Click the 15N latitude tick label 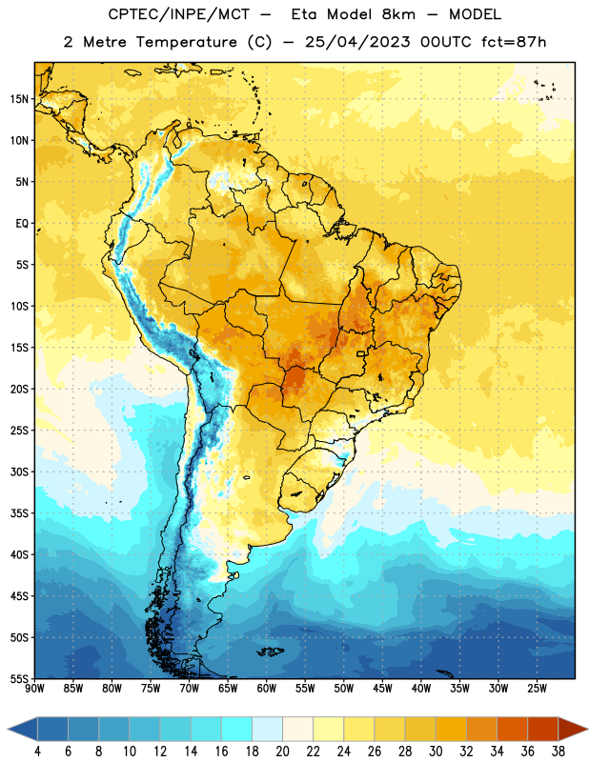pyautogui.click(x=19, y=99)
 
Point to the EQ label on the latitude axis pyautogui.click(x=22, y=224)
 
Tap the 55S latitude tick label pyautogui.click(x=19, y=678)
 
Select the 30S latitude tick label pyautogui.click(x=19, y=471)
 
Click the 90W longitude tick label pyautogui.click(x=35, y=689)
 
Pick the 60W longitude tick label pyautogui.click(x=267, y=689)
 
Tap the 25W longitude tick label pyautogui.click(x=537, y=689)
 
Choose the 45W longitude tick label pyautogui.click(x=382, y=689)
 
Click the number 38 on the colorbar pyautogui.click(x=558, y=752)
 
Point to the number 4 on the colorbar pyautogui.click(x=37, y=752)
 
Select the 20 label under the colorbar pyautogui.click(x=282, y=752)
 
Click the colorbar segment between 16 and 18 pyautogui.click(x=237, y=729)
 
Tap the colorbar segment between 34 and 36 pyautogui.click(x=512, y=729)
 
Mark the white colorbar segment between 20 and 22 pyautogui.click(x=298, y=729)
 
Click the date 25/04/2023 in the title pyautogui.click(x=357, y=42)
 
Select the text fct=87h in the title pyautogui.click(x=514, y=42)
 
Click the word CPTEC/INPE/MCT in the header pyautogui.click(x=178, y=14)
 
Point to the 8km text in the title pyautogui.click(x=398, y=14)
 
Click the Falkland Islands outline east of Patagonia pyautogui.click(x=271, y=652)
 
